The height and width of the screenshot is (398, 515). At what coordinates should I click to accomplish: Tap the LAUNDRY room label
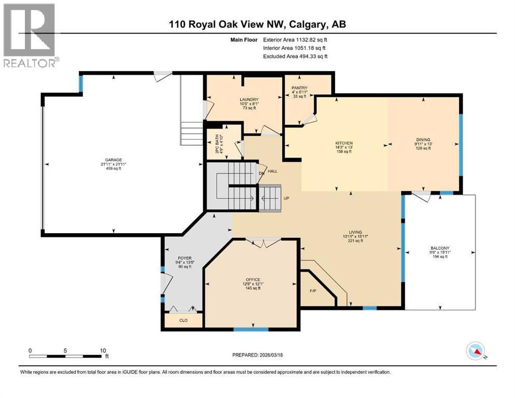point(249,99)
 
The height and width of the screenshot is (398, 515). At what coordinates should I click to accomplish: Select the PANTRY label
point(300,88)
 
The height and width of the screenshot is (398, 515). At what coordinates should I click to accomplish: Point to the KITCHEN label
point(344,143)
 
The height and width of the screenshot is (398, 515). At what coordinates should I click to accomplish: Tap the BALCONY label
point(440,248)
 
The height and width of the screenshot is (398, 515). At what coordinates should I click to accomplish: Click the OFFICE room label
point(253,279)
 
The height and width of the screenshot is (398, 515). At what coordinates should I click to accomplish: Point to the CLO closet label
point(183,320)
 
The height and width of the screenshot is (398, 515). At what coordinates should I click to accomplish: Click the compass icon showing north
point(476,351)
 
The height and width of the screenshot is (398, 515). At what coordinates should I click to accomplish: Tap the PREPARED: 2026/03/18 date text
point(259,355)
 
